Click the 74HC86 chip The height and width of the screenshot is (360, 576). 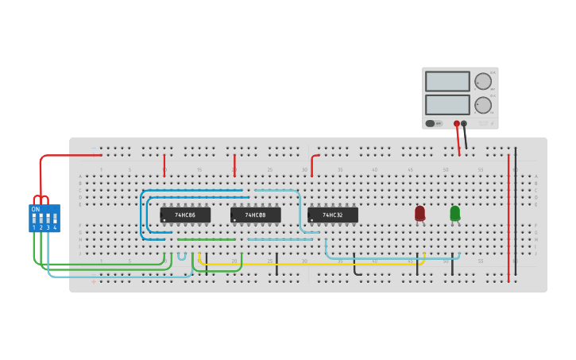coord(185,215)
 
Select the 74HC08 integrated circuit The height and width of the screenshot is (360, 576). coord(255,215)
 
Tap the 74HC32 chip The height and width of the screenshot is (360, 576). coord(333,215)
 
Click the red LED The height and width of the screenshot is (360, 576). coord(419,212)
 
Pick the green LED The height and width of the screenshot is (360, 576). coord(454,212)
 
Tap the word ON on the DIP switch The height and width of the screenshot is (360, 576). coord(36,209)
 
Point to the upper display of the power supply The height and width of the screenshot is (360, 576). coord(447,81)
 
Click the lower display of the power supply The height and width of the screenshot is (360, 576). coord(447,104)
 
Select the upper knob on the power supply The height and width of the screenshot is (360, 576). coord(483,81)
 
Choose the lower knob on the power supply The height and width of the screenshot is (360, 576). coord(483,105)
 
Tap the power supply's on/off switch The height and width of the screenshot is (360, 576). coord(434,123)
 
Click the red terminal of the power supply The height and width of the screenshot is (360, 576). coord(456,123)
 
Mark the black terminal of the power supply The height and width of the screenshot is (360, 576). coord(464,123)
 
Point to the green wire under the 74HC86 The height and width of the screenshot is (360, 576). coord(206,239)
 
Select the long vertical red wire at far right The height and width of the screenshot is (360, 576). coord(508,215)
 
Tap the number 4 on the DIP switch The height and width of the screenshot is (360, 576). coord(55,227)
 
